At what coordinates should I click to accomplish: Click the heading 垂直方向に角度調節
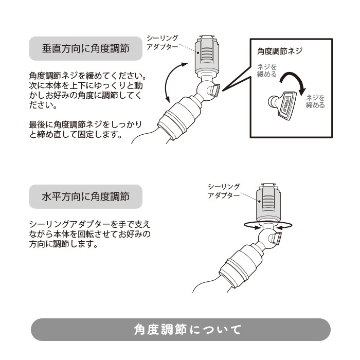click(86, 49)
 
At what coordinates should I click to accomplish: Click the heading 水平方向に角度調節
click(86, 196)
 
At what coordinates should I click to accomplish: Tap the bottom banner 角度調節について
click(181, 330)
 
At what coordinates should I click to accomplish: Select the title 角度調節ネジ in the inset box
click(280, 51)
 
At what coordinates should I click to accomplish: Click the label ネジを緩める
click(267, 71)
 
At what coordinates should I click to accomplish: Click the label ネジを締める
click(315, 101)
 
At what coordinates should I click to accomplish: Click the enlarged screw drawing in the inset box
click(283, 105)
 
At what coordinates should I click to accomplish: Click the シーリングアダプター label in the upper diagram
click(163, 43)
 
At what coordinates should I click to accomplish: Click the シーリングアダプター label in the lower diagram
click(224, 191)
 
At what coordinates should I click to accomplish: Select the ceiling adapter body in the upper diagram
click(206, 56)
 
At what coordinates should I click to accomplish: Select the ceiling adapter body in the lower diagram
click(268, 204)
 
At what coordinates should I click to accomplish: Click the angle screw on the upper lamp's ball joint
click(213, 91)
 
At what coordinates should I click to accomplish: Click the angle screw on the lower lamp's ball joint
click(275, 238)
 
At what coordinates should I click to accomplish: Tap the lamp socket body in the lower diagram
click(241, 266)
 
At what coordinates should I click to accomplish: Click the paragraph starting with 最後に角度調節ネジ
click(85, 129)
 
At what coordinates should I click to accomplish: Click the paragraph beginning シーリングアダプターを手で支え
click(90, 233)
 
